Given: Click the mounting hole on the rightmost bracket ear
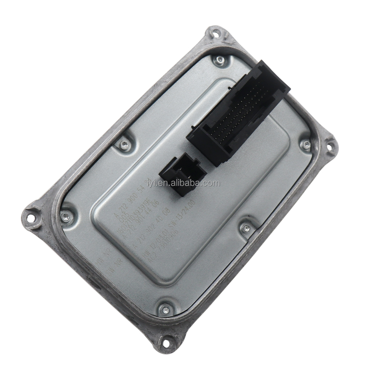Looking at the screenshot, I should click(330, 148).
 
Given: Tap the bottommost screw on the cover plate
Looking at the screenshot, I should click(165, 310).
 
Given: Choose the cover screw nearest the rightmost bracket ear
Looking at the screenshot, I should click(305, 145).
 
